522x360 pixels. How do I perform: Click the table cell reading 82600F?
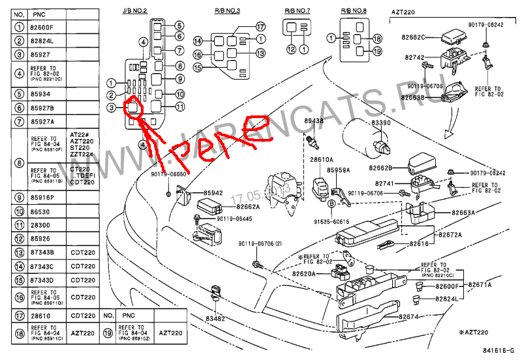[x=44, y=27]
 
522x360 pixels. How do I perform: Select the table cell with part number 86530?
[x=44, y=212]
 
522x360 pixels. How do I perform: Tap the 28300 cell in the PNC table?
[x=44, y=225]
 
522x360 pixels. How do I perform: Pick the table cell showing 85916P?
[x=44, y=198]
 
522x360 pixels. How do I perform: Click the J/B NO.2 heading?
[x=136, y=12]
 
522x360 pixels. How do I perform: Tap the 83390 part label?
[x=381, y=123]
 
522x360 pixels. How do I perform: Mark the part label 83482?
[x=215, y=318]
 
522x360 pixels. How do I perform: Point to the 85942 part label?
[x=213, y=193]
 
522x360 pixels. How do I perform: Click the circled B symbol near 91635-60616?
[x=331, y=204]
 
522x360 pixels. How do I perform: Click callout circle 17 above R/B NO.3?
[x=260, y=27]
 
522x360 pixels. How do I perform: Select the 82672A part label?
[x=450, y=234]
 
